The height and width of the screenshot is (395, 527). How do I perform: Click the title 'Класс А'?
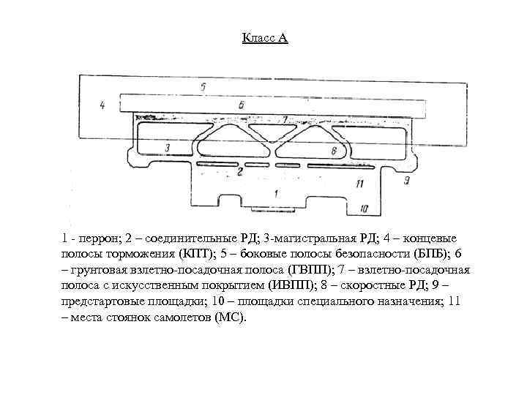point(264,37)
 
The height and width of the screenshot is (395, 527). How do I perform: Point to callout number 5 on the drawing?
point(203,87)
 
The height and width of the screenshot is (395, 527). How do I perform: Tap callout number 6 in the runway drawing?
point(242,105)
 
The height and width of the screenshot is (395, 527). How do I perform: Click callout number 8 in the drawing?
point(334,150)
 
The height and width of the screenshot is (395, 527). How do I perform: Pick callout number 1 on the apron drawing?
point(275,193)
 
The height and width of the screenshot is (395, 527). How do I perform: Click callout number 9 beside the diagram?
point(407,179)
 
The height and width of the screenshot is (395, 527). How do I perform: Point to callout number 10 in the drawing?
point(364,209)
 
